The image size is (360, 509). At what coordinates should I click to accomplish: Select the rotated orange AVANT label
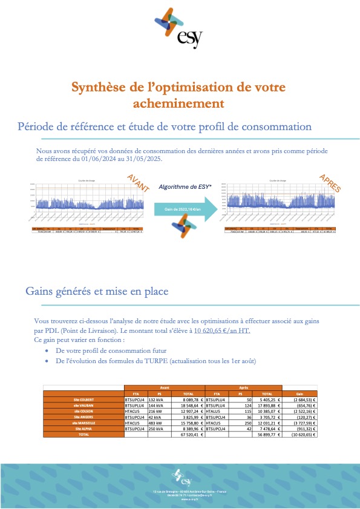(138, 183)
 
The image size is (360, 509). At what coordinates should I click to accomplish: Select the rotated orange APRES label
(330, 184)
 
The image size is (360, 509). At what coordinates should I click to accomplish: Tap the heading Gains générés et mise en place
(97, 291)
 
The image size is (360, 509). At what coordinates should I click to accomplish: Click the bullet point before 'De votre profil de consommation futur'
(48, 350)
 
